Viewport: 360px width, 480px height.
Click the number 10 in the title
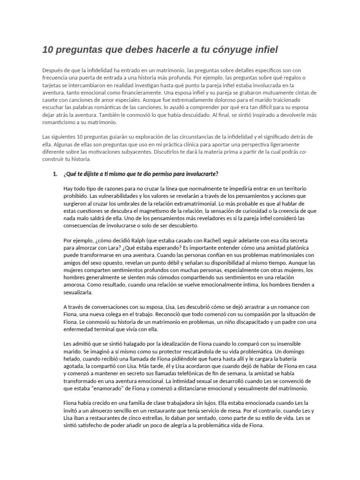point(48,49)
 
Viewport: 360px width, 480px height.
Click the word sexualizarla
point(78,292)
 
